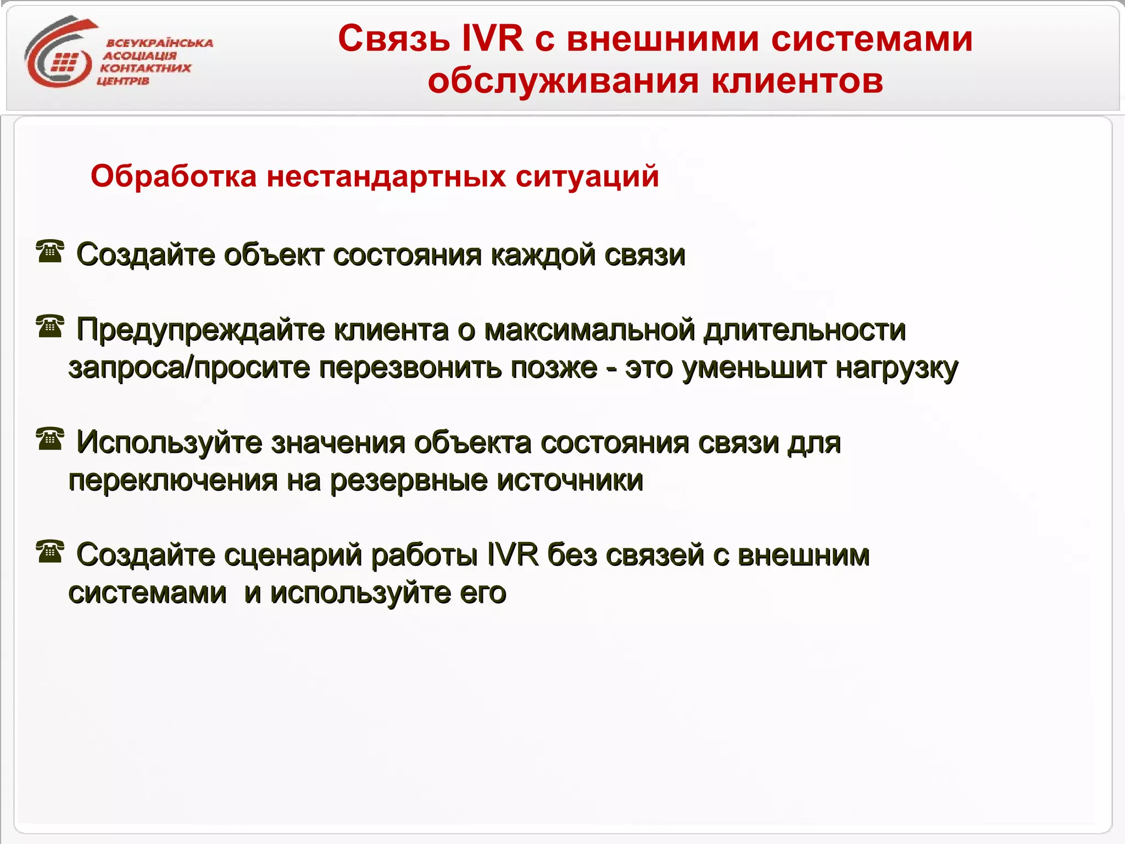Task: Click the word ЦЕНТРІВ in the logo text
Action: tap(123, 81)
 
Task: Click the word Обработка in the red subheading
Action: tap(174, 176)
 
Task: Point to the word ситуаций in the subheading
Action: tap(587, 176)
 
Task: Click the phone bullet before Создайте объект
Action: tap(50, 252)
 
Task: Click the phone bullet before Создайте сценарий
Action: tap(50, 552)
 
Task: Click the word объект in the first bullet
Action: tap(273, 255)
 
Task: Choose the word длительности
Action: tap(805, 330)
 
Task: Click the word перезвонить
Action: tap(410, 368)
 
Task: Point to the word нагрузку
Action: tap(896, 368)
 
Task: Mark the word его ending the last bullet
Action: tap(483, 593)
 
